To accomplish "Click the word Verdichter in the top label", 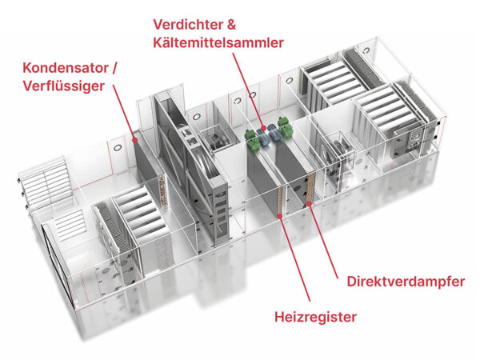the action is click(188, 25).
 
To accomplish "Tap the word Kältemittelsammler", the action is click(218, 43).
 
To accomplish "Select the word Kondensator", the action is click(66, 68).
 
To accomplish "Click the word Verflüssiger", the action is click(64, 86).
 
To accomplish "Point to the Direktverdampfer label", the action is click(406, 282).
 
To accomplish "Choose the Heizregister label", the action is click(315, 317).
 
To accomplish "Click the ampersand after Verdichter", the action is click(231, 25).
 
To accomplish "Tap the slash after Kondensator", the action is click(114, 68).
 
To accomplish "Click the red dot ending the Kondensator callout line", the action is click(134, 140).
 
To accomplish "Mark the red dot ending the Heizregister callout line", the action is click(280, 217).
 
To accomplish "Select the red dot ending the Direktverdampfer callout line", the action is click(309, 203).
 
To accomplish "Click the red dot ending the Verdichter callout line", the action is click(262, 128).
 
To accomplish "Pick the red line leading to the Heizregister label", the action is click(294, 258).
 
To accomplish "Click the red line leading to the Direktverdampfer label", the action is click(323, 241).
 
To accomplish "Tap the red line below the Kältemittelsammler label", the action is click(248, 90).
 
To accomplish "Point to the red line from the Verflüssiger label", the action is click(124, 113).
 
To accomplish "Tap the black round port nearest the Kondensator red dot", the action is click(118, 147).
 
